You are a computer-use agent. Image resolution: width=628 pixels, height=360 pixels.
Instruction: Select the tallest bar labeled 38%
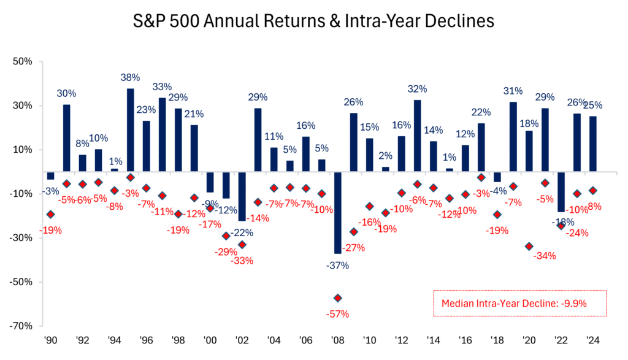point(131,129)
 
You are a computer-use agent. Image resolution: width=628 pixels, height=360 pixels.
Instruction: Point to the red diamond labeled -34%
point(529,247)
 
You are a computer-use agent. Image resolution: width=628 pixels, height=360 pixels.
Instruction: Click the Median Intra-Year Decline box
point(519,304)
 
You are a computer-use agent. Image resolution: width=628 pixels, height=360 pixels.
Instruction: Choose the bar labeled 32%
point(418,135)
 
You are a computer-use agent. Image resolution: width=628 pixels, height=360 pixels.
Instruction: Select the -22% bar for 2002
point(242,196)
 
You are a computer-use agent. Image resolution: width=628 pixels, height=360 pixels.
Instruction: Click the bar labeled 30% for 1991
point(66,137)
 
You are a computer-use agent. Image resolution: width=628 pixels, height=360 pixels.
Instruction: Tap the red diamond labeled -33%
point(242,245)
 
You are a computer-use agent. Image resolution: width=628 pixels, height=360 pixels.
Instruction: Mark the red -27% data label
point(354,248)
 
